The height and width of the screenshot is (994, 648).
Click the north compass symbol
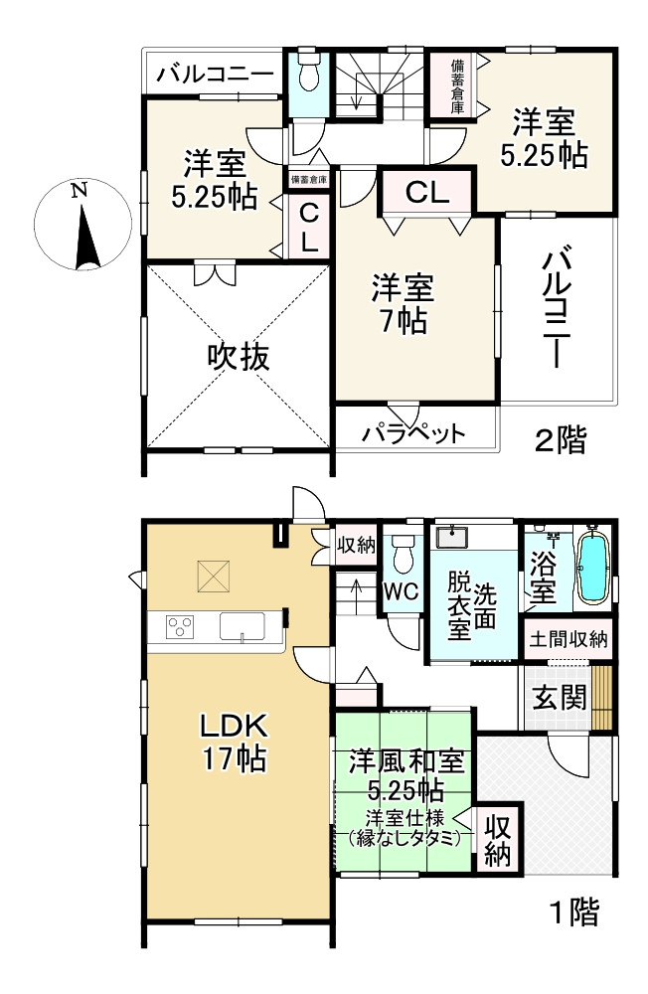click(79, 224)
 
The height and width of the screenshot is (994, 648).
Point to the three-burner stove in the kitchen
click(181, 626)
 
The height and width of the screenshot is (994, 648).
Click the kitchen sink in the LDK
click(242, 627)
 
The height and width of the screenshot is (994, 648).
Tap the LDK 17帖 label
click(235, 741)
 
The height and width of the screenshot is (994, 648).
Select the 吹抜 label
click(238, 356)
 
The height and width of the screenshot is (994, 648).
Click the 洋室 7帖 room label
click(402, 303)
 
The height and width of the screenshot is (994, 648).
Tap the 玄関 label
click(556, 699)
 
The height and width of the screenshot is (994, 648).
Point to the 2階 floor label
click(561, 440)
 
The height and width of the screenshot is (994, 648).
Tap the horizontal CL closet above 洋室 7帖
click(427, 192)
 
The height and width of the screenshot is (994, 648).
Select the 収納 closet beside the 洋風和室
click(498, 840)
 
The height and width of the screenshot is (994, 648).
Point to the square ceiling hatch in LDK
click(212, 575)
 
